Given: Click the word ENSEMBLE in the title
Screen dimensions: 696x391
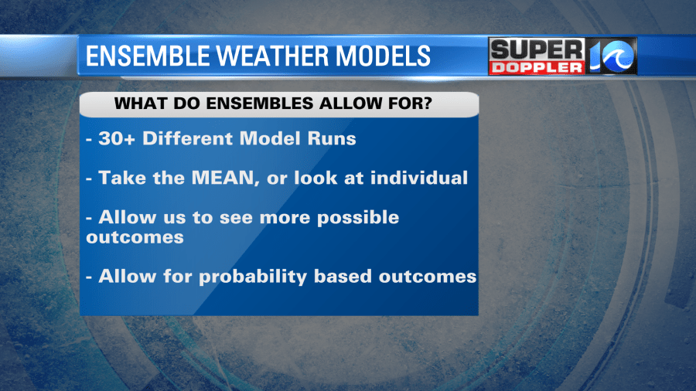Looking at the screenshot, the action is (148, 56).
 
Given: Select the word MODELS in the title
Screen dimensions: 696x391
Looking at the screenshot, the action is (383, 56).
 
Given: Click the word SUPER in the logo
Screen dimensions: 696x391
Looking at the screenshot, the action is (537, 49).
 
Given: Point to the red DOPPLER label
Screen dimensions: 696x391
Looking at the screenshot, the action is (537, 68).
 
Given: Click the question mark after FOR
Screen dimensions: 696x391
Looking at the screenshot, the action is (426, 104).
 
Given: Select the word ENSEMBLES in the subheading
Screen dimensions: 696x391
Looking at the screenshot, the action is (260, 104).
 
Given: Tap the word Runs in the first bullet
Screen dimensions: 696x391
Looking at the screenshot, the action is (332, 139).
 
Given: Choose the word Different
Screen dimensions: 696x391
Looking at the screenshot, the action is (187, 139).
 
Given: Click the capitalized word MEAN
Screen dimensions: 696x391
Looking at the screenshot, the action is (223, 178).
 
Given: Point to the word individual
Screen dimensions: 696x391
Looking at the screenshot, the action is (419, 178).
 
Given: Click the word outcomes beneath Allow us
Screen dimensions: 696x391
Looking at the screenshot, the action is (135, 237).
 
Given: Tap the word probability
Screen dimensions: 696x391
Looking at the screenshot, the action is (253, 277).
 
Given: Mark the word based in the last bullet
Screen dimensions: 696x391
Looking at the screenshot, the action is (343, 276).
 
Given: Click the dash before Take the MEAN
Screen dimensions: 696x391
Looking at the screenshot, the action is (89, 178).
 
